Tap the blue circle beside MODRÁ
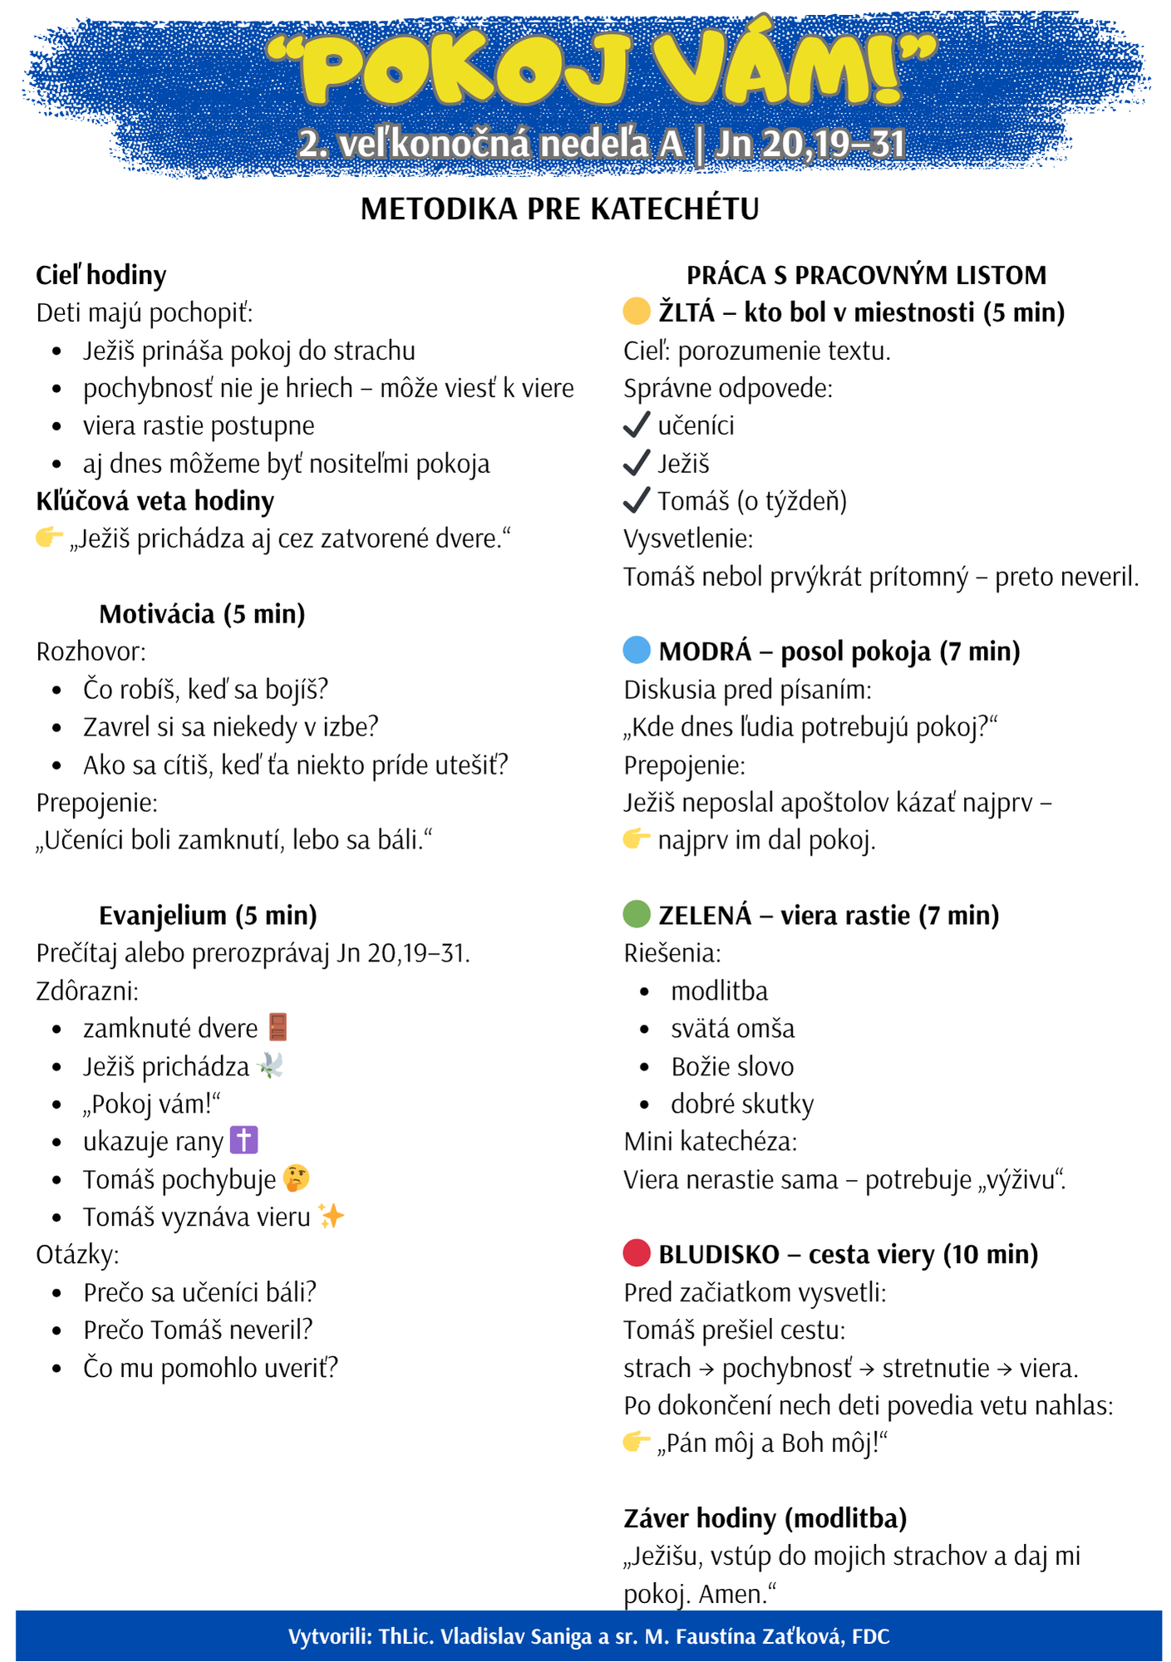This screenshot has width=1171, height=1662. click(x=636, y=650)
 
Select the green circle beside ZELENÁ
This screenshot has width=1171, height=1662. click(x=636, y=914)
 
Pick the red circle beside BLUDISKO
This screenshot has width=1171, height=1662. click(x=636, y=1253)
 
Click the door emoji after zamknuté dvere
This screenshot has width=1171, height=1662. click(x=278, y=1027)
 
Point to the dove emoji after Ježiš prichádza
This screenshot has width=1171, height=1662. click(x=271, y=1065)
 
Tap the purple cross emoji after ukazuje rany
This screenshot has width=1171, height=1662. click(x=244, y=1140)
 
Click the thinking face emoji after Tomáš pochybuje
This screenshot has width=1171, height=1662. click(x=296, y=1178)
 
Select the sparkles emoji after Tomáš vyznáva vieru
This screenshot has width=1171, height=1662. click(x=331, y=1217)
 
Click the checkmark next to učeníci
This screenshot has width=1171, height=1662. click(x=636, y=425)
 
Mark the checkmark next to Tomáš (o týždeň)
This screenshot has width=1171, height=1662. click(x=636, y=500)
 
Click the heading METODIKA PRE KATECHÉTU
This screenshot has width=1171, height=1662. click(x=559, y=209)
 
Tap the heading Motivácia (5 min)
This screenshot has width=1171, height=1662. click(x=202, y=613)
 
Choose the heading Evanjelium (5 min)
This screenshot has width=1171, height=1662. click(x=208, y=915)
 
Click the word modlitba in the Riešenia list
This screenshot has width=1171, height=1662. click(x=719, y=991)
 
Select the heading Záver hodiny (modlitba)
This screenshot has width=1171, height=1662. click(x=765, y=1518)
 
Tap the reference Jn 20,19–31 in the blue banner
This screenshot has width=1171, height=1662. click(x=809, y=144)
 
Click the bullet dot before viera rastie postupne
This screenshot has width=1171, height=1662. click(x=57, y=426)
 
